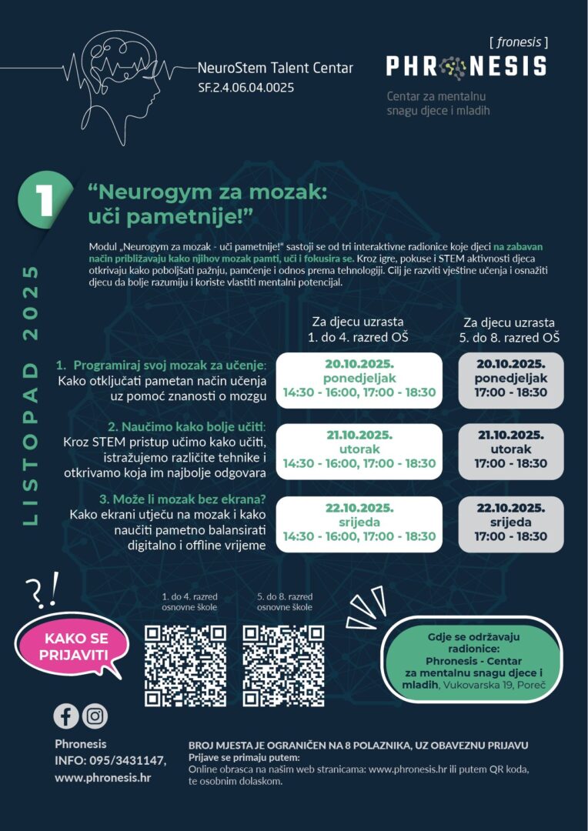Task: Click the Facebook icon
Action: point(66,716)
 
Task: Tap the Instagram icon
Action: point(95,716)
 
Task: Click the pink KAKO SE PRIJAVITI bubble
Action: point(76,646)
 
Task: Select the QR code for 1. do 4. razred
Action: point(185,666)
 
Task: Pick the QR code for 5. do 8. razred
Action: point(283,666)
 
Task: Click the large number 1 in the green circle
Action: point(45,199)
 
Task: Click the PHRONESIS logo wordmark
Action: point(466,67)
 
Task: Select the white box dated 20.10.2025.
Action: point(359,378)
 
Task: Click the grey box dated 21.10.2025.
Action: point(510,450)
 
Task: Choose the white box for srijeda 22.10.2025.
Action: point(359,522)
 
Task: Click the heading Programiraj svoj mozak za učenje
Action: point(170,364)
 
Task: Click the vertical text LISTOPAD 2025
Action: point(31,395)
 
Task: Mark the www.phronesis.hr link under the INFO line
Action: point(102,778)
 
